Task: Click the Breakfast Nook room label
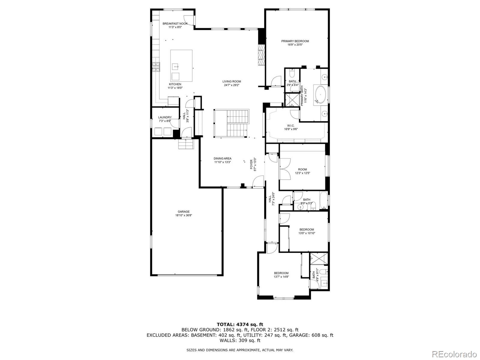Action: click(175, 23)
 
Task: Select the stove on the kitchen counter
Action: click(156, 67)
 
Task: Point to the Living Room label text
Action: click(232, 81)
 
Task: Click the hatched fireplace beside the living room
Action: click(262, 55)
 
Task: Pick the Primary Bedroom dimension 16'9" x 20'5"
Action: click(295, 45)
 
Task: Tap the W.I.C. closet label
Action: click(291, 126)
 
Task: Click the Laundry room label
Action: click(165, 117)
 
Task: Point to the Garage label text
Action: click(183, 212)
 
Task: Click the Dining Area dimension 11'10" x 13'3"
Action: click(222, 162)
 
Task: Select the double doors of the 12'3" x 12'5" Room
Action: click(283, 169)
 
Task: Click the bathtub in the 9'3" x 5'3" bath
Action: click(323, 200)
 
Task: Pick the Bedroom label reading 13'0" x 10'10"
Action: click(307, 230)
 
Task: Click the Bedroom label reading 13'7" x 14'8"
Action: click(281, 273)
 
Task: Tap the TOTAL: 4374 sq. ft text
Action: click(240, 324)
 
